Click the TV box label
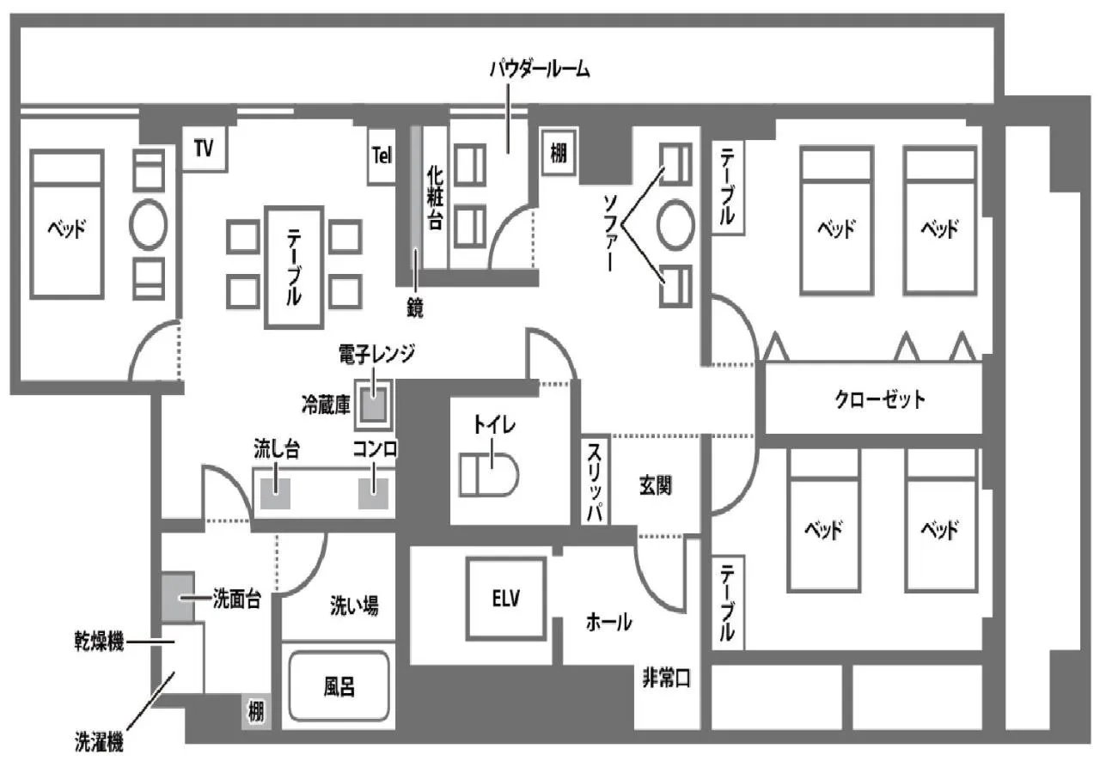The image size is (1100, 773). click(203, 149)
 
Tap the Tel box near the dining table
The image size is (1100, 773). click(382, 155)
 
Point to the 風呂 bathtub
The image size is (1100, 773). click(339, 686)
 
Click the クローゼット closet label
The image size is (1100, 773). click(879, 399)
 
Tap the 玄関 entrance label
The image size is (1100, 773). click(655, 485)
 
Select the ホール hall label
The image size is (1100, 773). click(608, 621)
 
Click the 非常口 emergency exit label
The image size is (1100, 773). click(666, 679)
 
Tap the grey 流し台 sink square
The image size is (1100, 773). click(276, 495)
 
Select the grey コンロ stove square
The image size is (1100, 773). click(374, 495)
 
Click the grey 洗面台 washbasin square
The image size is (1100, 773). click(178, 598)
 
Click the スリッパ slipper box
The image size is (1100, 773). click(595, 482)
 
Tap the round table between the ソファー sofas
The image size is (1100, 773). click(675, 225)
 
